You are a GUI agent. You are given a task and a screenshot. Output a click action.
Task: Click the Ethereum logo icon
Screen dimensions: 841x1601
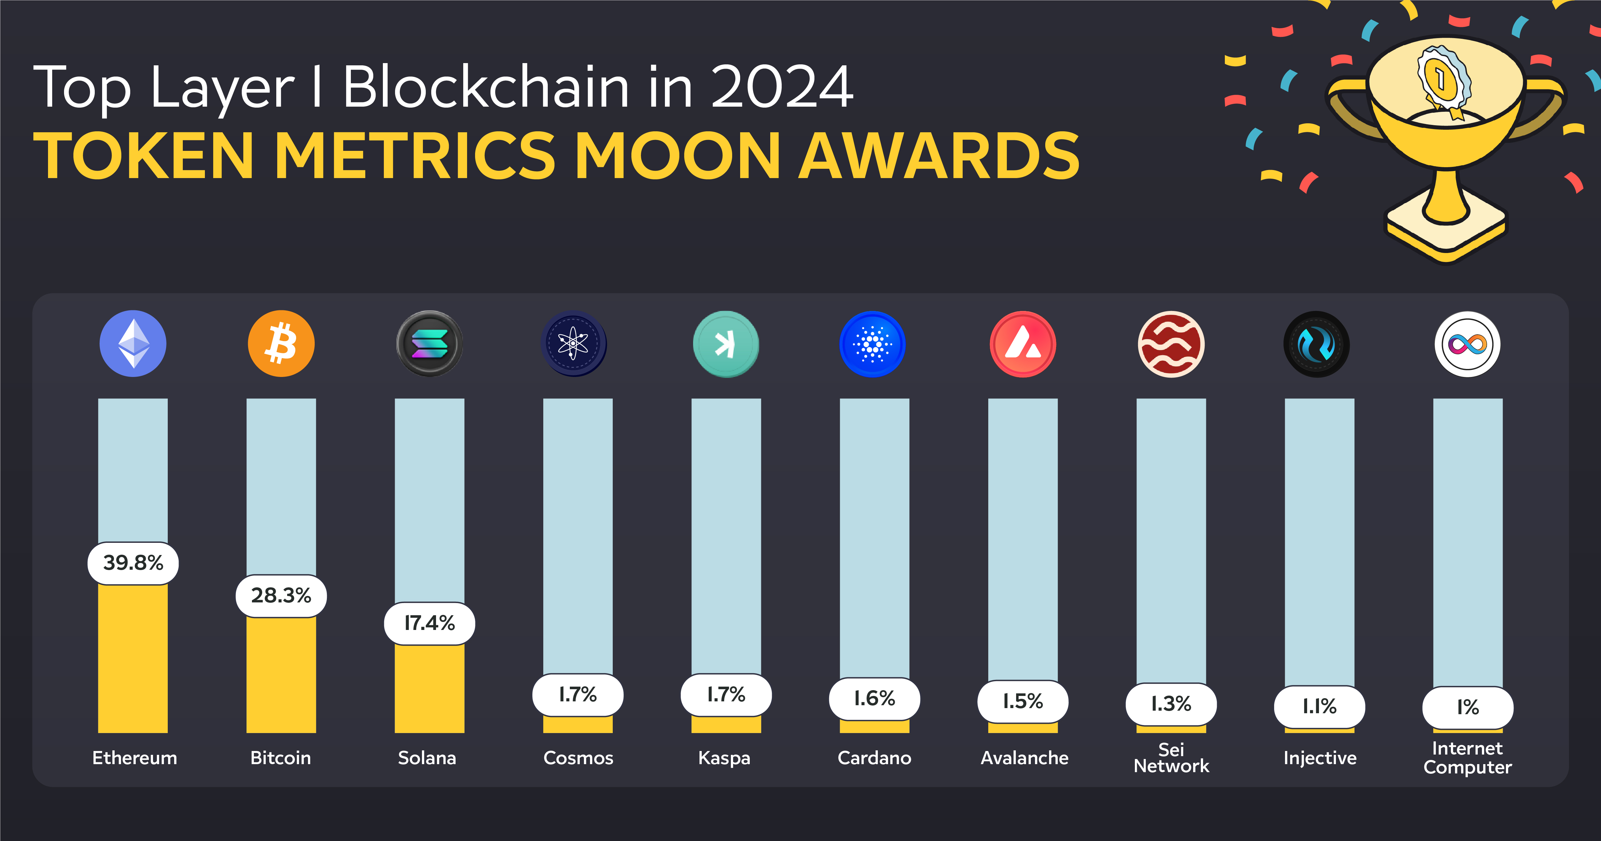pyautogui.click(x=133, y=344)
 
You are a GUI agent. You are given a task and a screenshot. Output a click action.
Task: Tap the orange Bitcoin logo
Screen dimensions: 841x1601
pyautogui.click(x=281, y=344)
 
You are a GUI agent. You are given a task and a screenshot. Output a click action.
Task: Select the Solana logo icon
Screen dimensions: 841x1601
pyautogui.click(x=429, y=344)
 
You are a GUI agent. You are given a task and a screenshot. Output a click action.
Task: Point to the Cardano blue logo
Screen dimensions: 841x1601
pyautogui.click(x=873, y=344)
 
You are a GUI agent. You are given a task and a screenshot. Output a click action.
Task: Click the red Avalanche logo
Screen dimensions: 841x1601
pyautogui.click(x=1023, y=344)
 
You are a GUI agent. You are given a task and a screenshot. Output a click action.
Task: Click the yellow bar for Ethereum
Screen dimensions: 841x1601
pyautogui.click(x=133, y=659)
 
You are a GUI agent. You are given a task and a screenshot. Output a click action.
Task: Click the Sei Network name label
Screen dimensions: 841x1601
pyautogui.click(x=1171, y=758)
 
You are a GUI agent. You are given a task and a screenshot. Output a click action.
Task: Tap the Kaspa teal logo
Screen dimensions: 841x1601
pyautogui.click(x=725, y=344)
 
